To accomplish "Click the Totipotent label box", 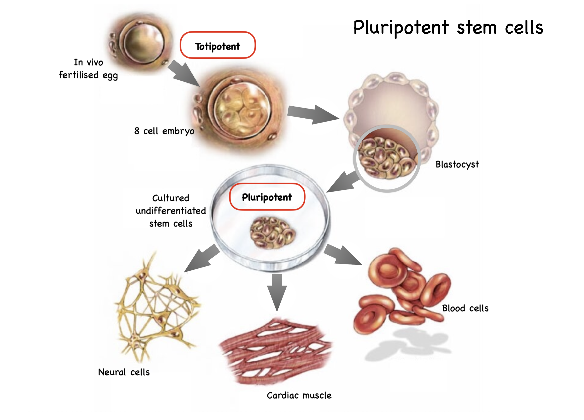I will coord(217,45).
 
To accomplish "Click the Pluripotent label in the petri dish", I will coord(267,197).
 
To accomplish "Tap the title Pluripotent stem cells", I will coord(448,28).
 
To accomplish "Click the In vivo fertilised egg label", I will coord(88,69).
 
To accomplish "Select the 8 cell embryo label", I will coord(164,131).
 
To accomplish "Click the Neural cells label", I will coord(124,372).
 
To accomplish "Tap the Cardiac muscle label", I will coord(299,395).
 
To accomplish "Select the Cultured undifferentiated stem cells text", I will coord(171,211).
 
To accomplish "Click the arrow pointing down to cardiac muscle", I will coord(277,292).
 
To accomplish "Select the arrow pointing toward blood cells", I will coord(342,255).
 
